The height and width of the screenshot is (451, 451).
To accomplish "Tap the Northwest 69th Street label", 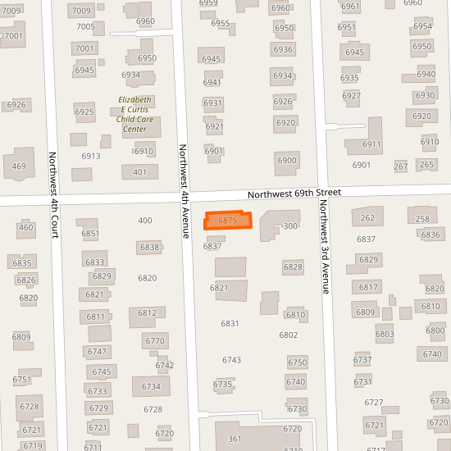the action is (x=294, y=193).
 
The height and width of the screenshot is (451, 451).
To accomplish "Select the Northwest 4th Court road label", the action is (x=53, y=195).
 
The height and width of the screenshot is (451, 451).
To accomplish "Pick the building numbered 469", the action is (x=19, y=166).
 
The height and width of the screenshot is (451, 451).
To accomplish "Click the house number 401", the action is (x=139, y=172).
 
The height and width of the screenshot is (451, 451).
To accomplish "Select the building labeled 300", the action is (x=289, y=225).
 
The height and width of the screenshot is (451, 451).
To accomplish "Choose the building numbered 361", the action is (x=235, y=439).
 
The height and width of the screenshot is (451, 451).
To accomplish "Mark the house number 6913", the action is (x=91, y=156).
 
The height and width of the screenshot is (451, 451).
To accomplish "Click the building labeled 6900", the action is (x=286, y=160).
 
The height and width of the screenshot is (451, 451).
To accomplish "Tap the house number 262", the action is (x=367, y=218).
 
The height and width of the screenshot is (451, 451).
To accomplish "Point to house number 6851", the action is (x=89, y=234).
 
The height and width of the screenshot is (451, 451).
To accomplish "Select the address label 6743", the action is (x=231, y=360).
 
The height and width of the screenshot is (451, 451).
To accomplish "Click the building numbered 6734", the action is (x=151, y=386).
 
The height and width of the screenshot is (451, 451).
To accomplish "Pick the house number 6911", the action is (x=371, y=144).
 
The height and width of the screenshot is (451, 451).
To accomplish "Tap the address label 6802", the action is (x=288, y=335).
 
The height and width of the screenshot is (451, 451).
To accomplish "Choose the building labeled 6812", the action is (x=147, y=312).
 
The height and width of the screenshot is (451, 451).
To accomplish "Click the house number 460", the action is (x=25, y=227).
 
